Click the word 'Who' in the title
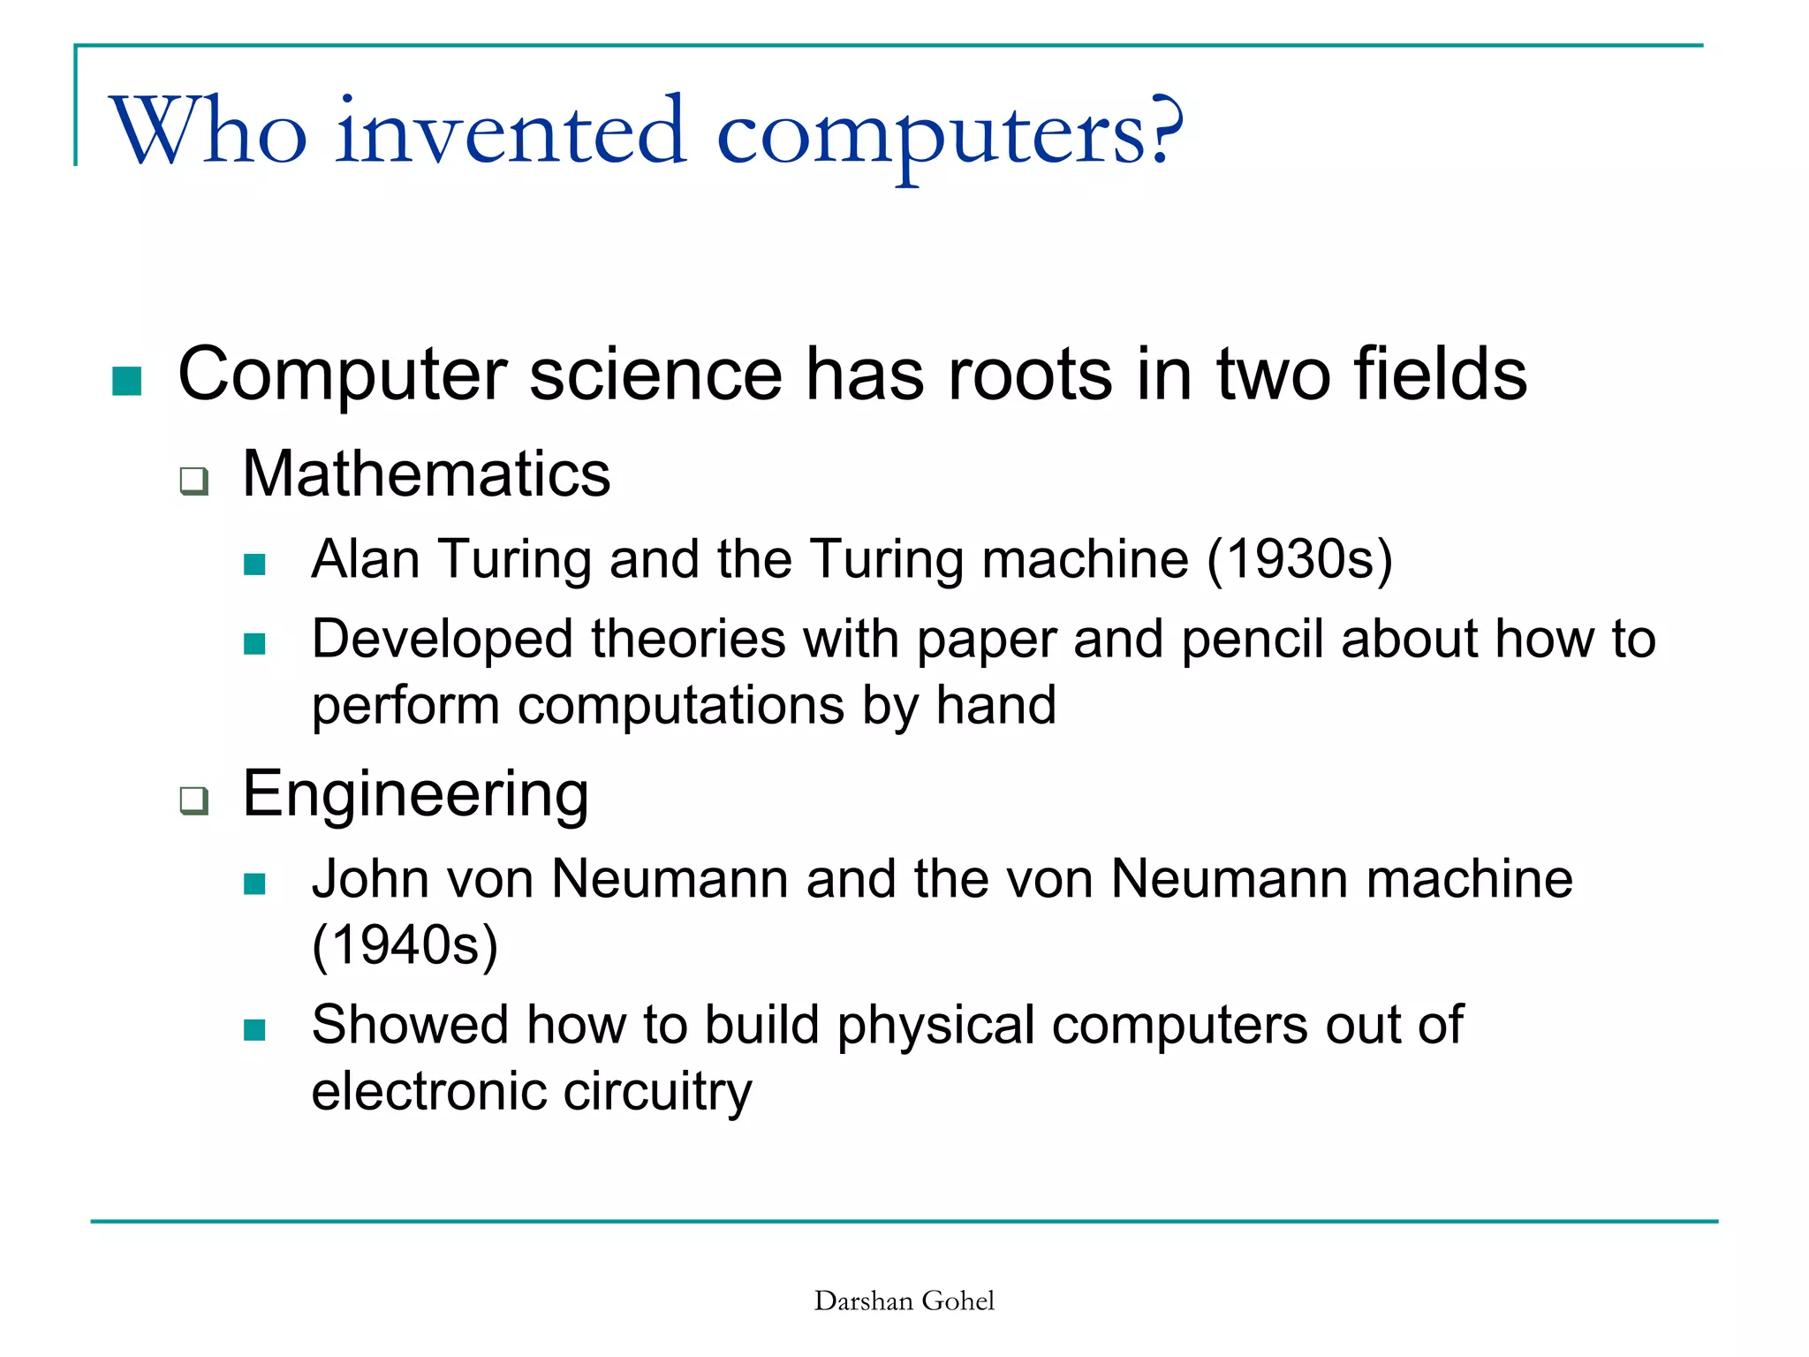pos(208,133)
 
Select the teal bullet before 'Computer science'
pos(127,381)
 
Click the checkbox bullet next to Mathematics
pos(193,481)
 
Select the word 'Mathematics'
pos(426,474)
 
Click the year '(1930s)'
pos(1299,559)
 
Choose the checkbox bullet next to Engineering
pos(193,800)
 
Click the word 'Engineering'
pos(415,793)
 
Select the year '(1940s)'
pos(405,945)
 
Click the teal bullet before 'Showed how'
pos(254,1030)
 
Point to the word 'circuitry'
pos(657,1091)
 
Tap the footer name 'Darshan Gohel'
pos(904,1301)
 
